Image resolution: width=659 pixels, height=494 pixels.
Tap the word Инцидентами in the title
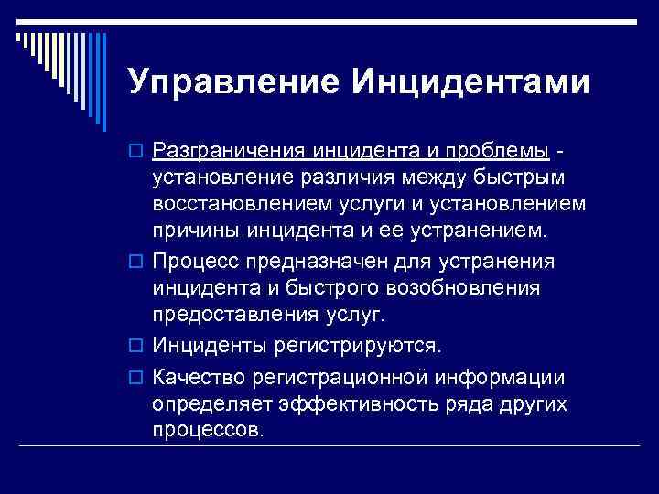[468, 83]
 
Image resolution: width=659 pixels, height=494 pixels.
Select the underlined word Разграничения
[230, 149]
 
